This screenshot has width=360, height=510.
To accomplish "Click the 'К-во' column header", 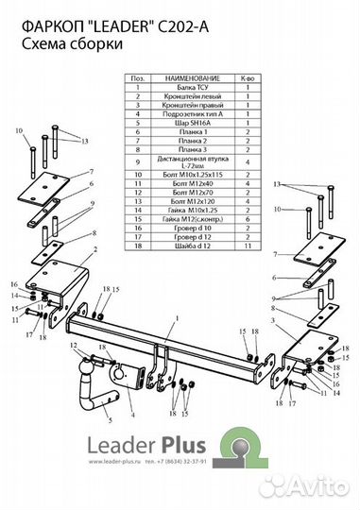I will click(248, 79).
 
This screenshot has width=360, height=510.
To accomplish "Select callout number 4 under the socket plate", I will click(131, 415).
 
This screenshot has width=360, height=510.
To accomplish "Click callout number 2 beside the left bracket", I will click(94, 249).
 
